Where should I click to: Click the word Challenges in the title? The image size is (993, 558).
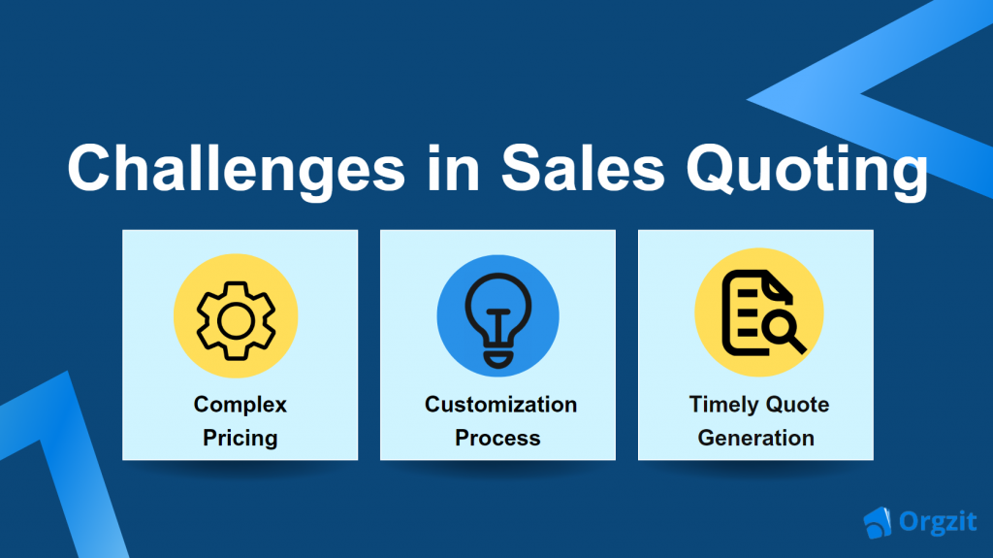click(237, 169)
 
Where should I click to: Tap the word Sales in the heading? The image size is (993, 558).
click(583, 167)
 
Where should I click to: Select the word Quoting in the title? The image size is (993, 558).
click(807, 170)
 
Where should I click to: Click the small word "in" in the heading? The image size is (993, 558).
click(453, 167)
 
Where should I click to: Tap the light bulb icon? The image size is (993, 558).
click(498, 320)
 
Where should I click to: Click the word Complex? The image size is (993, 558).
click(240, 406)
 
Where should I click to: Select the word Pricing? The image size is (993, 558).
click(240, 439)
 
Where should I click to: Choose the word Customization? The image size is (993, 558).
click(501, 405)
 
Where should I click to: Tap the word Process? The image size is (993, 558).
click(497, 439)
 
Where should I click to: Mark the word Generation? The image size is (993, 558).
click(756, 439)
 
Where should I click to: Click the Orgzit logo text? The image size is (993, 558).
click(938, 522)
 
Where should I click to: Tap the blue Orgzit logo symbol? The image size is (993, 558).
click(877, 522)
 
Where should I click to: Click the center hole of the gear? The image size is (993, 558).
click(236, 321)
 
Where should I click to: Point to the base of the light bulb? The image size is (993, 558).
click(498, 359)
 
